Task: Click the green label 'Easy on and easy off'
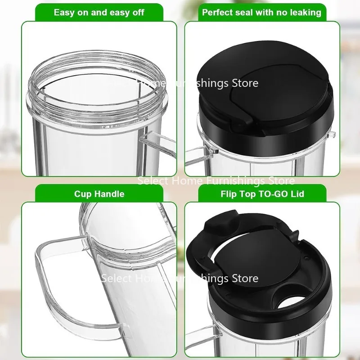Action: (99, 12)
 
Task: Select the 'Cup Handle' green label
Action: (99, 194)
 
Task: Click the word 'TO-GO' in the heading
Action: (274, 194)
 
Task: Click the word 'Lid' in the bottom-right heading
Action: (297, 194)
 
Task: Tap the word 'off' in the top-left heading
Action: (136, 12)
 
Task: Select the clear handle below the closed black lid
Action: (194, 155)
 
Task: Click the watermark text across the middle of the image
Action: (216, 181)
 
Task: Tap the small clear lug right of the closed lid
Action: (332, 134)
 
